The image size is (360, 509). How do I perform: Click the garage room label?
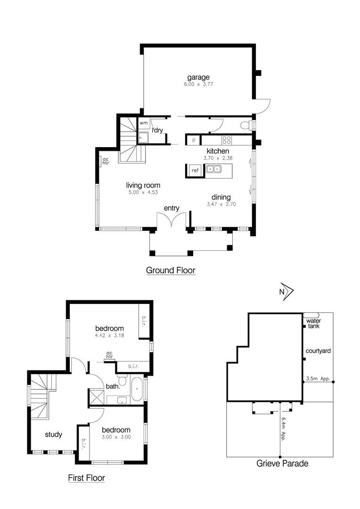tap(198, 77)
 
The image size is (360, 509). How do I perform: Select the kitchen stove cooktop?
tap(227, 140)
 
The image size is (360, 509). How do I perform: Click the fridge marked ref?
tap(195, 170)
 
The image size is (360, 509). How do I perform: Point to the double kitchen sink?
tap(213, 169)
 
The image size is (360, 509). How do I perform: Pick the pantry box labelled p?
tap(193, 140)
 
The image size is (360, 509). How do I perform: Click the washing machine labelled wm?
tap(144, 123)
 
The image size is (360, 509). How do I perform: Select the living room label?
tap(143, 185)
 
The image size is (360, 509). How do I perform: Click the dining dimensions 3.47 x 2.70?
tap(221, 205)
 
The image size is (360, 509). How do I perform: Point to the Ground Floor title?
tap(170, 271)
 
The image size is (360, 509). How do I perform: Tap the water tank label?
tap(313, 323)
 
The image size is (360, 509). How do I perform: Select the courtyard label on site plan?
tap(318, 351)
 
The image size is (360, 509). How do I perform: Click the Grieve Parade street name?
tap(282, 464)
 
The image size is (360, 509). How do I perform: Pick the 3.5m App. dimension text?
tap(318, 378)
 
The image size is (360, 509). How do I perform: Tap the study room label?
tap(53, 435)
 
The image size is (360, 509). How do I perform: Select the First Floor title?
tap(86, 478)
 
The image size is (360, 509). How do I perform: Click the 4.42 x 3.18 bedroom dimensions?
tap(109, 336)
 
